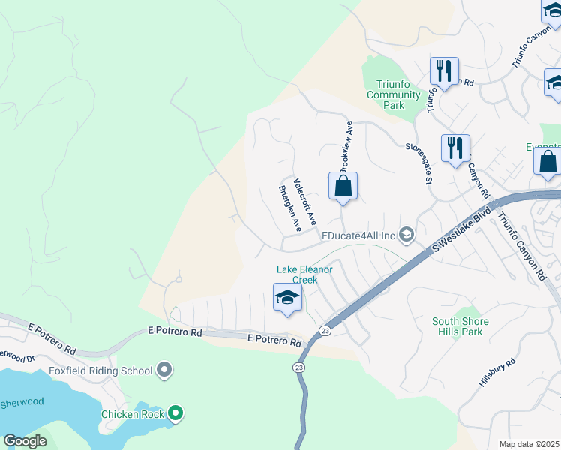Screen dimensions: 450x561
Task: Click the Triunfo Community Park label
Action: [x=394, y=94]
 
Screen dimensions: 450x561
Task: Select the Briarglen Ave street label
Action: [x=289, y=209]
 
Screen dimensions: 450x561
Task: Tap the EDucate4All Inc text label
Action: [x=358, y=235]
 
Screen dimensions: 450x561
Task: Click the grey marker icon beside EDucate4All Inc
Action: [x=406, y=235]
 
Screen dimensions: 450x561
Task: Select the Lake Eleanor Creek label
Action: [x=304, y=274]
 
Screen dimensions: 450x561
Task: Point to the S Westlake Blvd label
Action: [x=461, y=231]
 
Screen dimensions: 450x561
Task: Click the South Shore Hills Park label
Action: [x=460, y=326]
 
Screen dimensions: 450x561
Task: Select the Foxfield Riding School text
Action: [x=100, y=370]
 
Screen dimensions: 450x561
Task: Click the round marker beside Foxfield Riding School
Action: [x=165, y=370]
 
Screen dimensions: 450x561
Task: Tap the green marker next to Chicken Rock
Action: [x=175, y=412]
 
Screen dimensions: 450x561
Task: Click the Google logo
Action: [x=25, y=440]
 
